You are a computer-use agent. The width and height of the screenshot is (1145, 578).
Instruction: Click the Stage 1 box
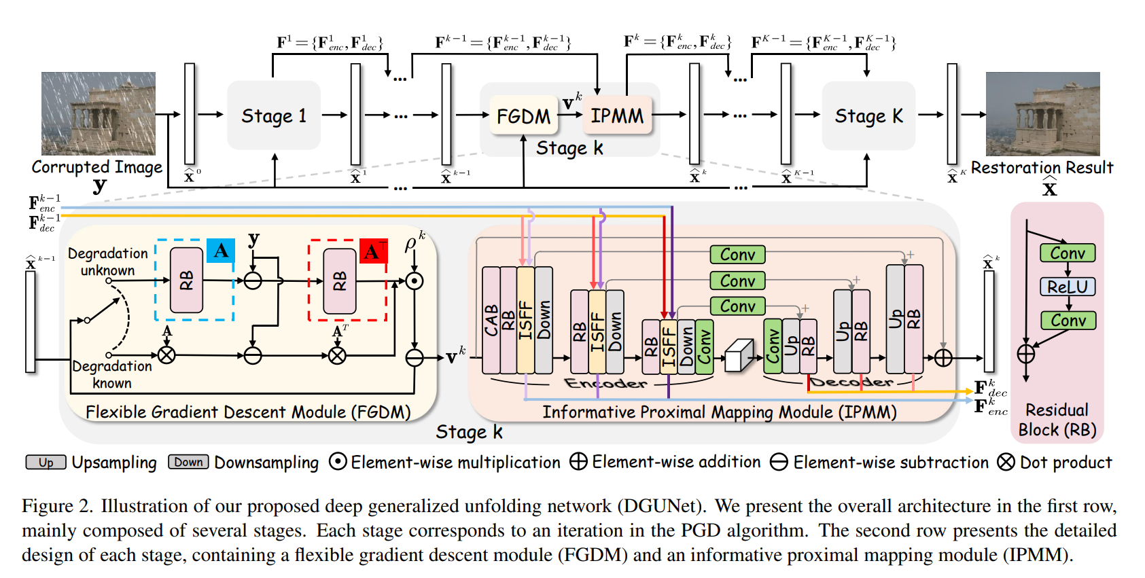(274, 115)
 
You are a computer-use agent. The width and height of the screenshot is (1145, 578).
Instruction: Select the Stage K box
(868, 116)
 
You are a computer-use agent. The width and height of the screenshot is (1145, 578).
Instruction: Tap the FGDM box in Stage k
(523, 116)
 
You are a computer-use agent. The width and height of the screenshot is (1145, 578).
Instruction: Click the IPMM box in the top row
(617, 115)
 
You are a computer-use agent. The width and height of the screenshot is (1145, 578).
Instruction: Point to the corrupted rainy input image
(99, 113)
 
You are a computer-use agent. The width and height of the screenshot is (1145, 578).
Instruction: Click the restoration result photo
(1042, 113)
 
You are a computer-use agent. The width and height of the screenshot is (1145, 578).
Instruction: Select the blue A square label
(221, 251)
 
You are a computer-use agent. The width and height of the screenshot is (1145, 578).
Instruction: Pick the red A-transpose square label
(373, 251)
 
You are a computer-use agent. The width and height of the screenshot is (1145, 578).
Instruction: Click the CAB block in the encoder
(491, 320)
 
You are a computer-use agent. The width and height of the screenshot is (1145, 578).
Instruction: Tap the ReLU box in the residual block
(1068, 287)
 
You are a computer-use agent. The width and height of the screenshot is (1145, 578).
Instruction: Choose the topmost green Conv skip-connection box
(738, 255)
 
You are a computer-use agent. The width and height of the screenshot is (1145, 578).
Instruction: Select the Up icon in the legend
(46, 463)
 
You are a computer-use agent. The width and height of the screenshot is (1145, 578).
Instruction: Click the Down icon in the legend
(188, 463)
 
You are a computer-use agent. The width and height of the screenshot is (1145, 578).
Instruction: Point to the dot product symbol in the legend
(1006, 463)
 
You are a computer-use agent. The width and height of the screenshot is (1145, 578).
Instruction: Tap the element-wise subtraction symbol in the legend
(779, 463)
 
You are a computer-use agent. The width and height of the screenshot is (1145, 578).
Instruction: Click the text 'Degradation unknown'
(108, 261)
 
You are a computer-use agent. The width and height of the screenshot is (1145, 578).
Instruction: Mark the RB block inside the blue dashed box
(186, 280)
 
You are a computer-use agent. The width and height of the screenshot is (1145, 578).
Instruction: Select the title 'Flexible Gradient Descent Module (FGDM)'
(248, 412)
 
